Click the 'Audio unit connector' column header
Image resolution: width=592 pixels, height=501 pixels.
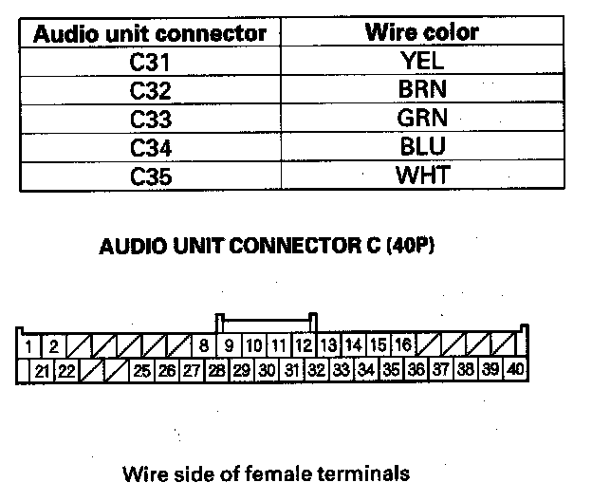(x=149, y=34)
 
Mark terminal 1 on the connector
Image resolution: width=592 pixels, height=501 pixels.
(x=30, y=345)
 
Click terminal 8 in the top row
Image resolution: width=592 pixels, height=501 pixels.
(x=204, y=345)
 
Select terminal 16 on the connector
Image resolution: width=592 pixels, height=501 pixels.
(x=402, y=345)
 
